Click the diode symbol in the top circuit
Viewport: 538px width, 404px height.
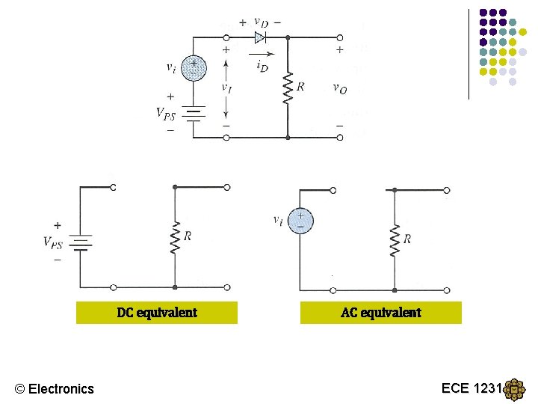(x=260, y=37)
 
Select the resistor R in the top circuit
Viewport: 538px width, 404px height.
(x=287, y=88)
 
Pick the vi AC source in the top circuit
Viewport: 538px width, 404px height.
(x=194, y=68)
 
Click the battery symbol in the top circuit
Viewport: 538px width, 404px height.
(x=194, y=114)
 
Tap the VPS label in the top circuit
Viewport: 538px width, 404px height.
(x=167, y=114)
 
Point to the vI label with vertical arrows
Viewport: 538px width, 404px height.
(x=226, y=87)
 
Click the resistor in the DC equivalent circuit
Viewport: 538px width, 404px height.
(x=174, y=238)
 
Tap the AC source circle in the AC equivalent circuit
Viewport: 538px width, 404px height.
(x=300, y=220)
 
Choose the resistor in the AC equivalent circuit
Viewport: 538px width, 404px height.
(x=394, y=239)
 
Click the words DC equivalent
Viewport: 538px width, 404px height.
(x=157, y=313)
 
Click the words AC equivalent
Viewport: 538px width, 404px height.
(x=381, y=313)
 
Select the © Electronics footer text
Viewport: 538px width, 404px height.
(x=55, y=388)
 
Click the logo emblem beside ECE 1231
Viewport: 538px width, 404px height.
(x=515, y=390)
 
